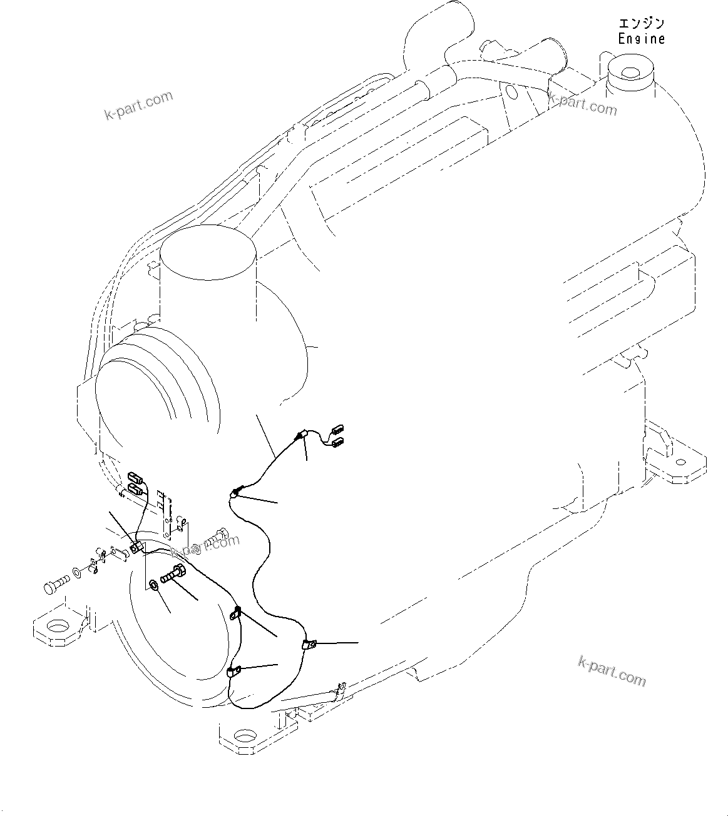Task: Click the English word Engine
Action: (641, 39)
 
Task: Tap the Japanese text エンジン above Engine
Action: (641, 24)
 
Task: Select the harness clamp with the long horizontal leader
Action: (309, 644)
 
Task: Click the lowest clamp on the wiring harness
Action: (233, 673)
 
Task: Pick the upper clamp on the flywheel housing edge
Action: (237, 613)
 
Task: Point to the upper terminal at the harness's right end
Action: (339, 429)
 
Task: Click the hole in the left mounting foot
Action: (58, 627)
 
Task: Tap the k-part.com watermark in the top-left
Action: (138, 106)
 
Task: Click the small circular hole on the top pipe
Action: (511, 93)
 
